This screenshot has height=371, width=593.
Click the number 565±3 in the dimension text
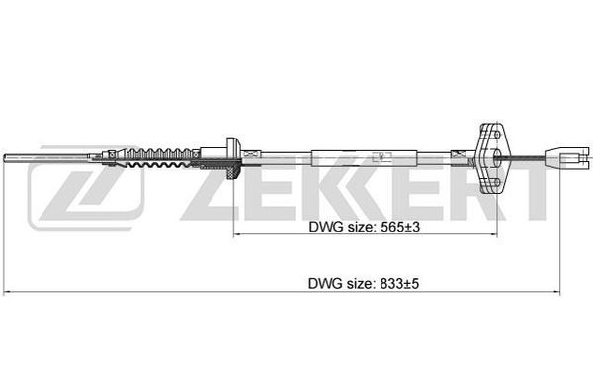pos(400,228)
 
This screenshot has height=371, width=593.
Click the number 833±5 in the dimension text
pos(399,284)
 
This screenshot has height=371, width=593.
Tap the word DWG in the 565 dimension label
pos(326,228)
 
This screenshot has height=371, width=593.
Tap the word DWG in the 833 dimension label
pos(325,284)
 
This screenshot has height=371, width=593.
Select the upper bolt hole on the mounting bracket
pos(497,134)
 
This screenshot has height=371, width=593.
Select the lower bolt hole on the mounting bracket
pos(497,182)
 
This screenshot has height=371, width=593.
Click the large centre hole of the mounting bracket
pos(497,158)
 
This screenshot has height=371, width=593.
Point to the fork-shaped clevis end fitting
pos(566,158)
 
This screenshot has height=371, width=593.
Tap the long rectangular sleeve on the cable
pos(364,158)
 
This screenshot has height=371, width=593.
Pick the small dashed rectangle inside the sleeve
pos(381,156)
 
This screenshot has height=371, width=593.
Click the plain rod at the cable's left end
pos(46,158)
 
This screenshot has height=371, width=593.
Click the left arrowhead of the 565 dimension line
pos(237,234)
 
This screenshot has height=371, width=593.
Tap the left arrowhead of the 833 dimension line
pos(8,292)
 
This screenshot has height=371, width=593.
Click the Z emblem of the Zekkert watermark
pos(86,187)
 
